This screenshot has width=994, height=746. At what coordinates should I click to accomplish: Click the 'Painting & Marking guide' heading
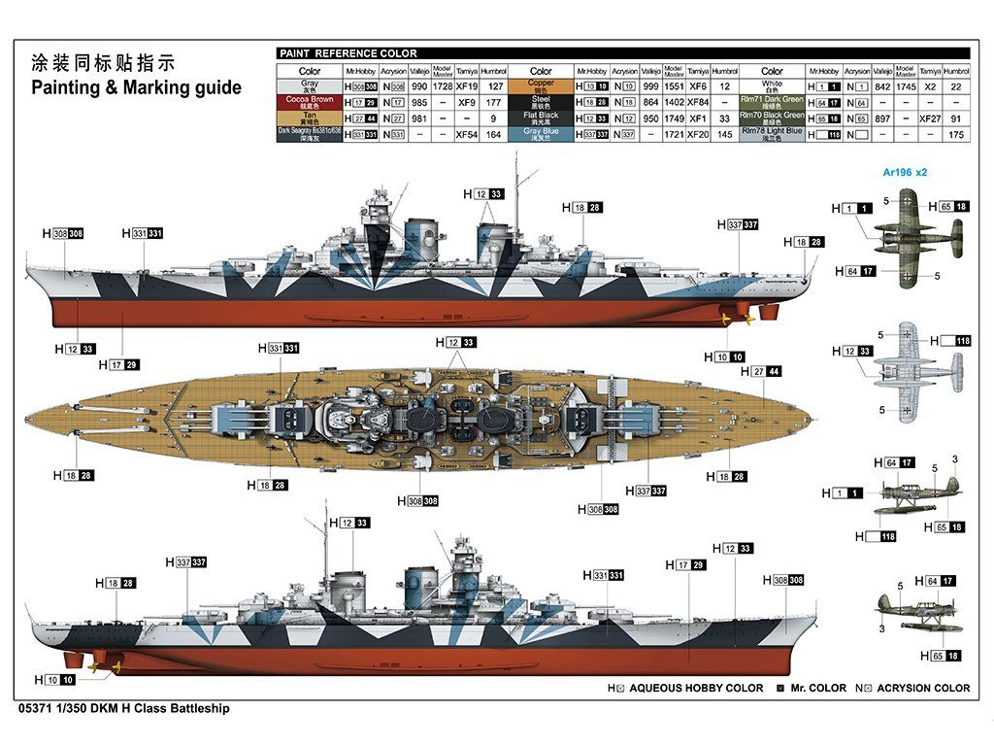pyautogui.click(x=136, y=87)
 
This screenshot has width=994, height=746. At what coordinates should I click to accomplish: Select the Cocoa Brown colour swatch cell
pyautogui.click(x=310, y=102)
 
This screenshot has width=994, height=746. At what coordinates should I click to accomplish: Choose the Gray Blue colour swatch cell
pyautogui.click(x=541, y=134)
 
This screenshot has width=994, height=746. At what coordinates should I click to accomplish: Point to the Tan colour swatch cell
pyautogui.click(x=310, y=118)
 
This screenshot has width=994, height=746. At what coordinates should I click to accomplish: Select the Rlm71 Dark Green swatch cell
pyautogui.click(x=772, y=102)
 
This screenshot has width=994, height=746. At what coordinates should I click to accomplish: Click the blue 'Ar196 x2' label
pyautogui.click(x=905, y=172)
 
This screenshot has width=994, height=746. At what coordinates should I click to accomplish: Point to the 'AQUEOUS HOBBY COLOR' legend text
pyautogui.click(x=696, y=688)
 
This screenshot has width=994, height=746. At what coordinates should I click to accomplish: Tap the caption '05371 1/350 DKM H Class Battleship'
pyautogui.click(x=123, y=709)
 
